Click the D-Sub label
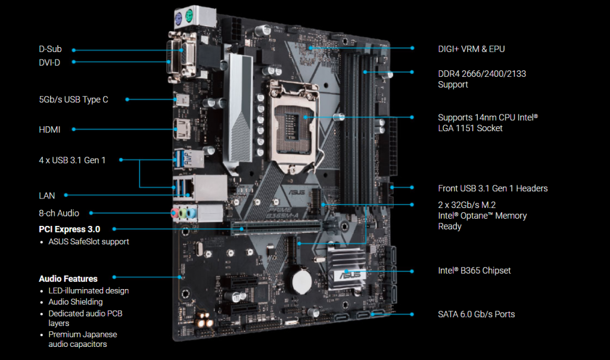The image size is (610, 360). pyautogui.click(x=50, y=49)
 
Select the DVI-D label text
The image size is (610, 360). pyautogui.click(x=49, y=63)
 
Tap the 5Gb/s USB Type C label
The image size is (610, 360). pyautogui.click(x=73, y=100)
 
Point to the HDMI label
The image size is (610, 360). pyautogui.click(x=49, y=129)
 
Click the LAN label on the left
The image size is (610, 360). pyautogui.click(x=46, y=195)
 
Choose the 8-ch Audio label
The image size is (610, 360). pyautogui.click(x=59, y=213)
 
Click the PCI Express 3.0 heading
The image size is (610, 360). pyautogui.click(x=69, y=229)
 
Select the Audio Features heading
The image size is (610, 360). pyautogui.click(x=68, y=279)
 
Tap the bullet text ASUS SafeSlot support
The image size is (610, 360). pyautogui.click(x=89, y=241)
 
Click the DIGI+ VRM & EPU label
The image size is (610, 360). pyautogui.click(x=472, y=49)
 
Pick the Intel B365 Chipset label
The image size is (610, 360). pyautogui.click(x=474, y=271)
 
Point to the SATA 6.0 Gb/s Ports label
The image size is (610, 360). pyautogui.click(x=476, y=314)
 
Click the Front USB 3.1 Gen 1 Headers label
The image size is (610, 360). pyautogui.click(x=493, y=188)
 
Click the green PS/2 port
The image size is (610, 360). pyautogui.click(x=189, y=16)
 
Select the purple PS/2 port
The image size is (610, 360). pyautogui.click(x=179, y=18)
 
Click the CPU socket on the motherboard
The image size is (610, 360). pyautogui.click(x=294, y=125)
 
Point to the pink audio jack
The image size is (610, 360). pyautogui.click(x=175, y=213)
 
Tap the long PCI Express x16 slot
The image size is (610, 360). pyautogui.click(x=277, y=228)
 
